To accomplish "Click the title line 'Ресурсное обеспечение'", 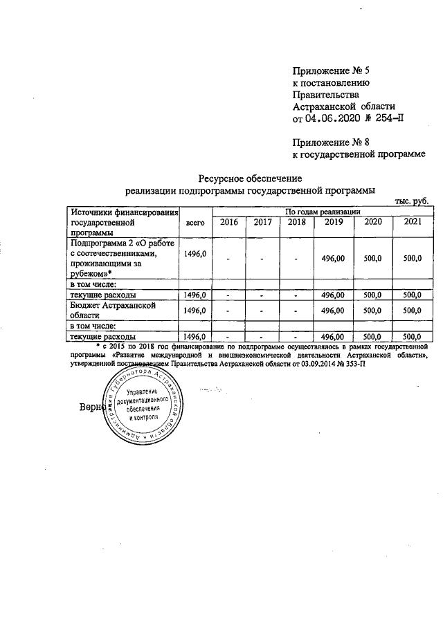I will (246, 178).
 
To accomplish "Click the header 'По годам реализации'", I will (320, 211).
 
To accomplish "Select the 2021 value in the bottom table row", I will (412, 337).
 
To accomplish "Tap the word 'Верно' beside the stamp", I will (91, 407).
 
